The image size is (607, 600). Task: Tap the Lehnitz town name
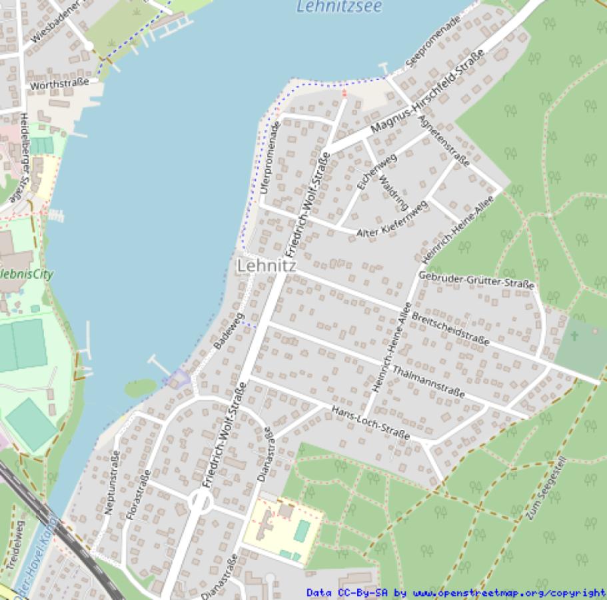click(x=267, y=265)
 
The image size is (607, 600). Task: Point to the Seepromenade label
click(x=432, y=42)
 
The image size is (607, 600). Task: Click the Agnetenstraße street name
click(x=444, y=141)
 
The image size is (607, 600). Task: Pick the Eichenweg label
click(x=376, y=173)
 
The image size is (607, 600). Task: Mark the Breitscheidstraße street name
click(x=450, y=328)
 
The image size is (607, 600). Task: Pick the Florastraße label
click(x=137, y=495)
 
